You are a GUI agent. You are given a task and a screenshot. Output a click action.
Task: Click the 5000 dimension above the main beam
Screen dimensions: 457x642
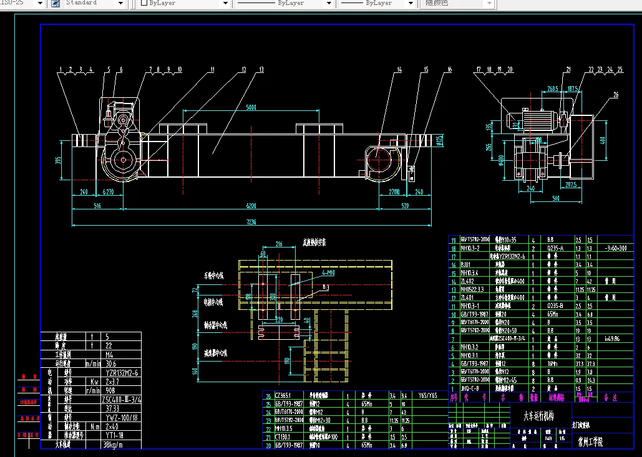click(x=251, y=108)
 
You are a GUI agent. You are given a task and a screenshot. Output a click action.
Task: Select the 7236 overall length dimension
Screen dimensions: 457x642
click(x=251, y=221)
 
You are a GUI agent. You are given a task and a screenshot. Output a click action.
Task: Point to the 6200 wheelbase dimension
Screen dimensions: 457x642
click(x=251, y=205)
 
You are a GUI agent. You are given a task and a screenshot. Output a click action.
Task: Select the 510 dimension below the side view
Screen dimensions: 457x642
click(x=555, y=199)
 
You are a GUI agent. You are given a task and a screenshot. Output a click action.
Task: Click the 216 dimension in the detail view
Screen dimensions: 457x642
click(x=279, y=244)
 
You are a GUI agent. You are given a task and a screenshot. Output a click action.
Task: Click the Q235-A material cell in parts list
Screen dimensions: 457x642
click(x=555, y=248)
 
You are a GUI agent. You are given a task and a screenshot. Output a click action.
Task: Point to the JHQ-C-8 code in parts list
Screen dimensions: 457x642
click(x=469, y=388)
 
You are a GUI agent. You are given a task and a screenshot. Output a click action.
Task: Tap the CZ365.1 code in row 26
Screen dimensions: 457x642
click(x=285, y=395)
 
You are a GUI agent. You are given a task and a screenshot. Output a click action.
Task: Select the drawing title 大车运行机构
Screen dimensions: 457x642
click(x=538, y=414)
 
